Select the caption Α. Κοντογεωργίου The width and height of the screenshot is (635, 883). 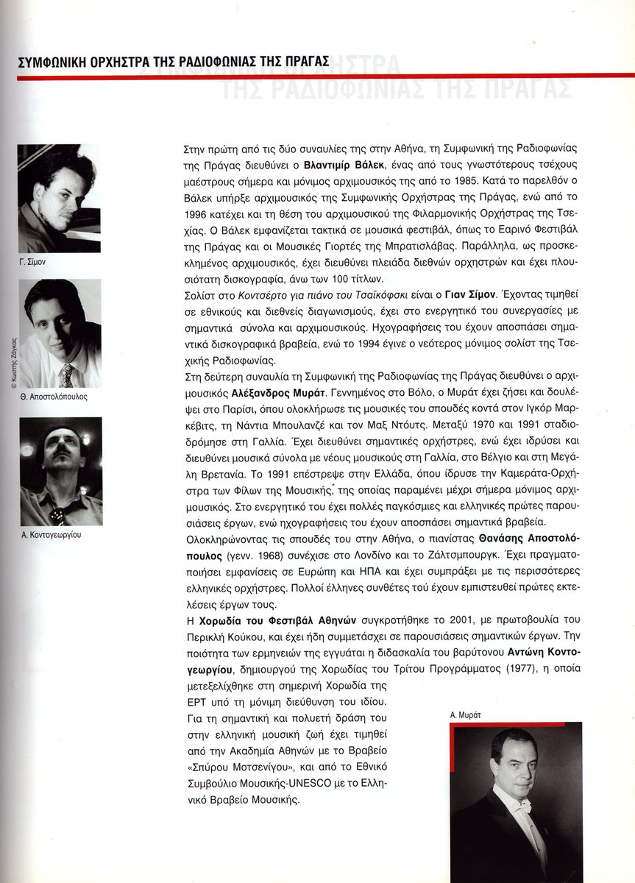tap(51, 535)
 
